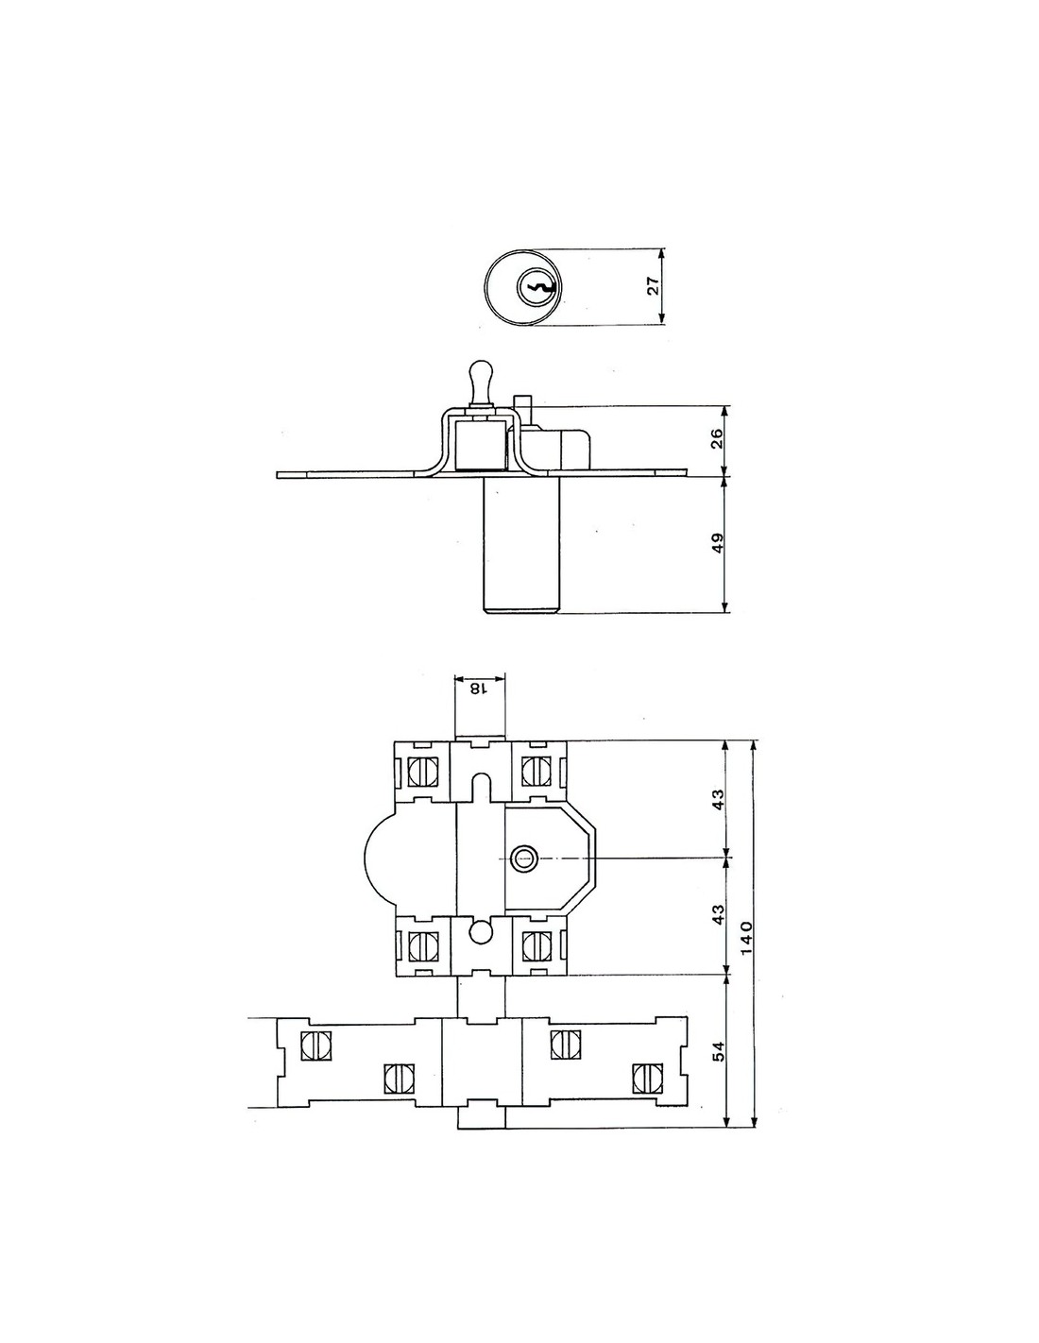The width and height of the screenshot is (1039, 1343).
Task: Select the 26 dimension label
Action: click(x=716, y=441)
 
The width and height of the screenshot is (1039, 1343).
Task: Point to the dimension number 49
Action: click(x=716, y=544)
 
